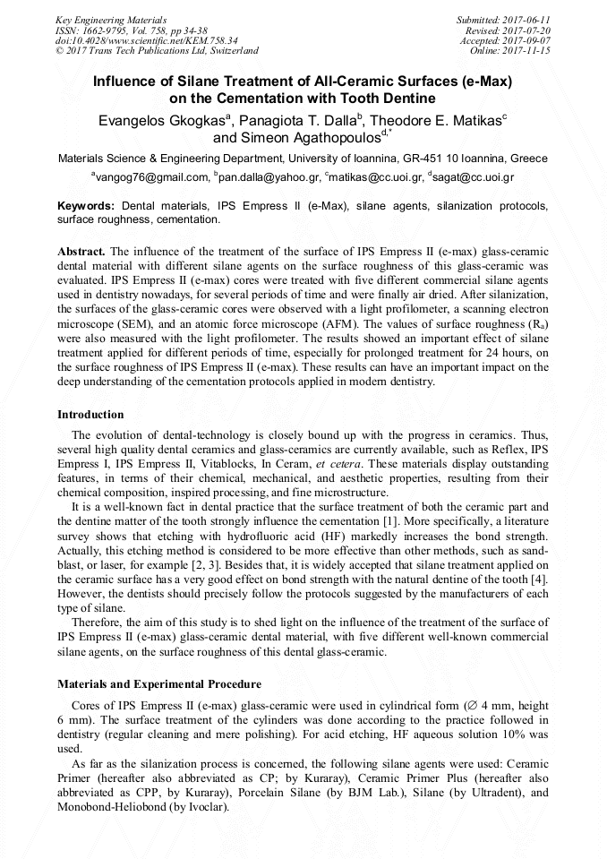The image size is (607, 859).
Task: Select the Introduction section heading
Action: pyautogui.click(x=90, y=415)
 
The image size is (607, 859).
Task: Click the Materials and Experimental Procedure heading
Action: pyautogui.click(x=159, y=683)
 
